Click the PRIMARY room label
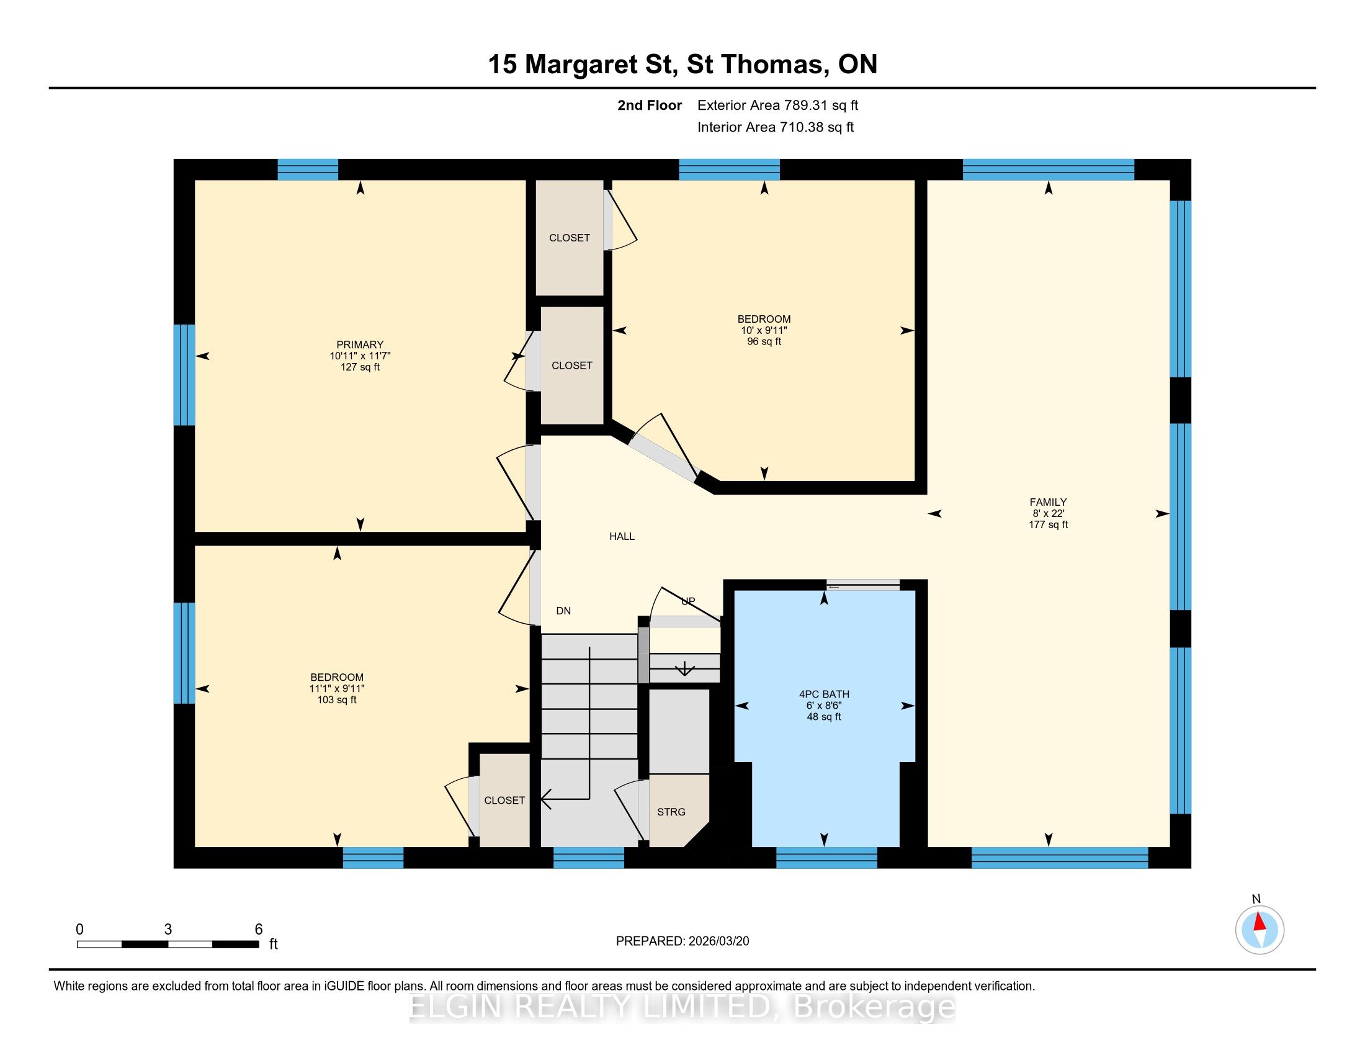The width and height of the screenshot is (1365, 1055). tap(360, 344)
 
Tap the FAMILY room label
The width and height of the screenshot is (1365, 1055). tap(1048, 502)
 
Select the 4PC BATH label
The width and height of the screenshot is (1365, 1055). tap(824, 694)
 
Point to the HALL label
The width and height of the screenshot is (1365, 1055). tap(622, 536)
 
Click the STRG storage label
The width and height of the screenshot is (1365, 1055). tap(671, 812)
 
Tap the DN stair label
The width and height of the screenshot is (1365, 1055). tap(563, 611)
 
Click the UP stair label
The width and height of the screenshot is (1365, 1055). tap(687, 601)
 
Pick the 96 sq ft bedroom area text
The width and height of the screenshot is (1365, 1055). tap(764, 341)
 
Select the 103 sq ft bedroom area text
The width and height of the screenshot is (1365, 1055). tap(337, 699)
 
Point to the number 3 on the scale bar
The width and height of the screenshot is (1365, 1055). tap(168, 930)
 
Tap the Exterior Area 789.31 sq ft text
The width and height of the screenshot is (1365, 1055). tap(777, 105)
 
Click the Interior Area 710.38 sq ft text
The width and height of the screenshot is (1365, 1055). tap(776, 127)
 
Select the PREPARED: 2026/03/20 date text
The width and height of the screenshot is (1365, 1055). tap(682, 941)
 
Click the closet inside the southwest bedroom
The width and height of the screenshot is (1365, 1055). tap(504, 800)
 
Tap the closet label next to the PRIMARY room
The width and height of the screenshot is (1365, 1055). tap(572, 366)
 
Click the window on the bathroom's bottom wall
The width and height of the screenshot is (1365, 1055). tap(827, 858)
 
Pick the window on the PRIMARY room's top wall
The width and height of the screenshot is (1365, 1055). tap(308, 169)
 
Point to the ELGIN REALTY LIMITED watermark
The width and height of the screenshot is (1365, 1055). tap(682, 1007)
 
